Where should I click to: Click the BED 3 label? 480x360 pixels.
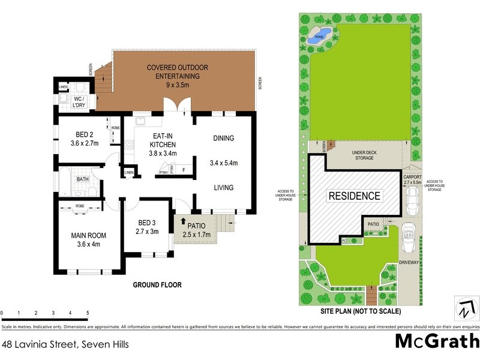[147, 227]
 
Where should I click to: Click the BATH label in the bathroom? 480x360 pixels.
[83, 179]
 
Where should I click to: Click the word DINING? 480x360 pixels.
[223, 139]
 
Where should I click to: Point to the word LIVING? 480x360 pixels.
[223, 188]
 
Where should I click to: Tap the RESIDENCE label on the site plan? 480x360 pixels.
[353, 196]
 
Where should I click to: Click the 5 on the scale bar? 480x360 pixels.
[88, 313]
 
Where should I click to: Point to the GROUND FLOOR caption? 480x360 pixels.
[157, 285]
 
